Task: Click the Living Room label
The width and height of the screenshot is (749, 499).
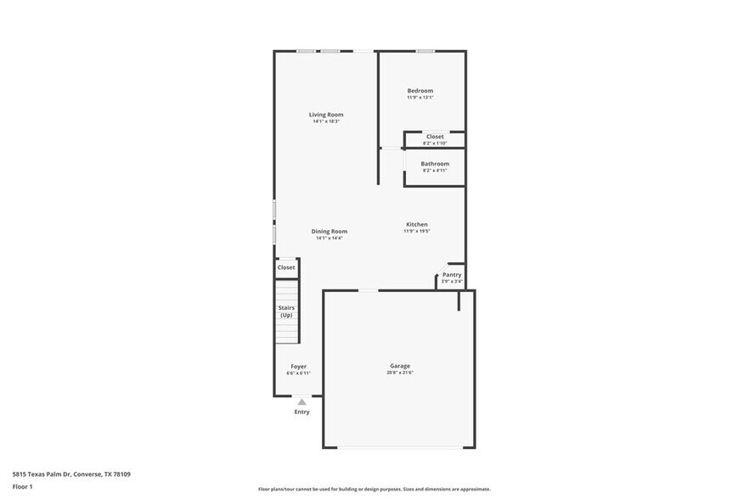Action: point(326,115)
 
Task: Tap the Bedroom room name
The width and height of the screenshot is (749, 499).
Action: point(420,91)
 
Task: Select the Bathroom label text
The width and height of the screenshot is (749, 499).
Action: point(435,164)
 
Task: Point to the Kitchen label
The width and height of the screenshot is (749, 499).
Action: point(416,224)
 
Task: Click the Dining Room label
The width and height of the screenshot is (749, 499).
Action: point(329,231)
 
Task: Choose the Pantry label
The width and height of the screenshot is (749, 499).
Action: point(452,274)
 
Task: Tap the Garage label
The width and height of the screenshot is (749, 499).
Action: point(400,366)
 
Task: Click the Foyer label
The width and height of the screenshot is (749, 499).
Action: point(298,367)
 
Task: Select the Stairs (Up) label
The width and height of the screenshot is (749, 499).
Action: point(286,311)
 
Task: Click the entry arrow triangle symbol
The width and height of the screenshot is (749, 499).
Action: point(301,401)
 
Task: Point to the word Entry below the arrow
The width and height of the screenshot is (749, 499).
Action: point(301,412)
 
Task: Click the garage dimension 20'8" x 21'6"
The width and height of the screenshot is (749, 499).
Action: point(400,373)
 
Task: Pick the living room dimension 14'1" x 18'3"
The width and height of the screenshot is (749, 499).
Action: point(326,121)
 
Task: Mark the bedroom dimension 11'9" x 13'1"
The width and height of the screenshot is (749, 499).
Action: point(420,98)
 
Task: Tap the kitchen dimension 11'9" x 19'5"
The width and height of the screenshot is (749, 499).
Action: point(416,231)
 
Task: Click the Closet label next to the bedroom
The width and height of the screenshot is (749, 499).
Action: point(435,137)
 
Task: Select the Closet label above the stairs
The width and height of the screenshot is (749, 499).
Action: point(286,267)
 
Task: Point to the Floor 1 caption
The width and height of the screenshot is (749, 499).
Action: point(22,486)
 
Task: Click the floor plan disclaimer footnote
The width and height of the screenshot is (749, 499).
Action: point(374,489)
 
